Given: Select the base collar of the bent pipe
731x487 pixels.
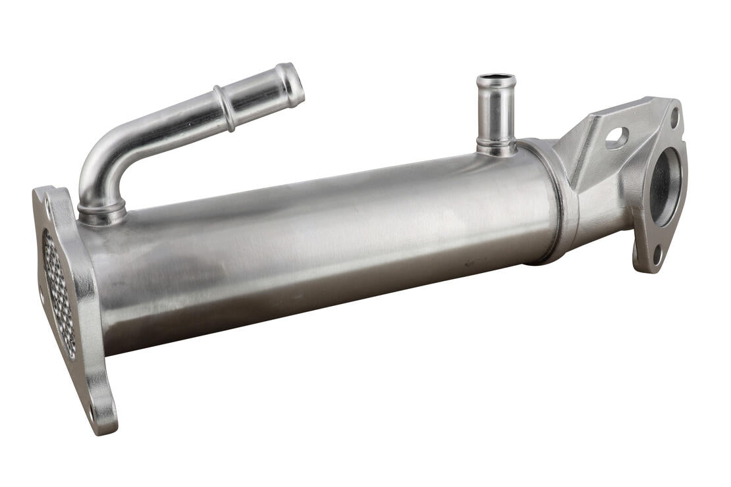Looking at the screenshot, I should tap(102, 212).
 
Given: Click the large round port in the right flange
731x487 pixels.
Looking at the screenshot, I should tap(665, 187).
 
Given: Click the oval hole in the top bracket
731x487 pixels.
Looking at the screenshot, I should tap(616, 138).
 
